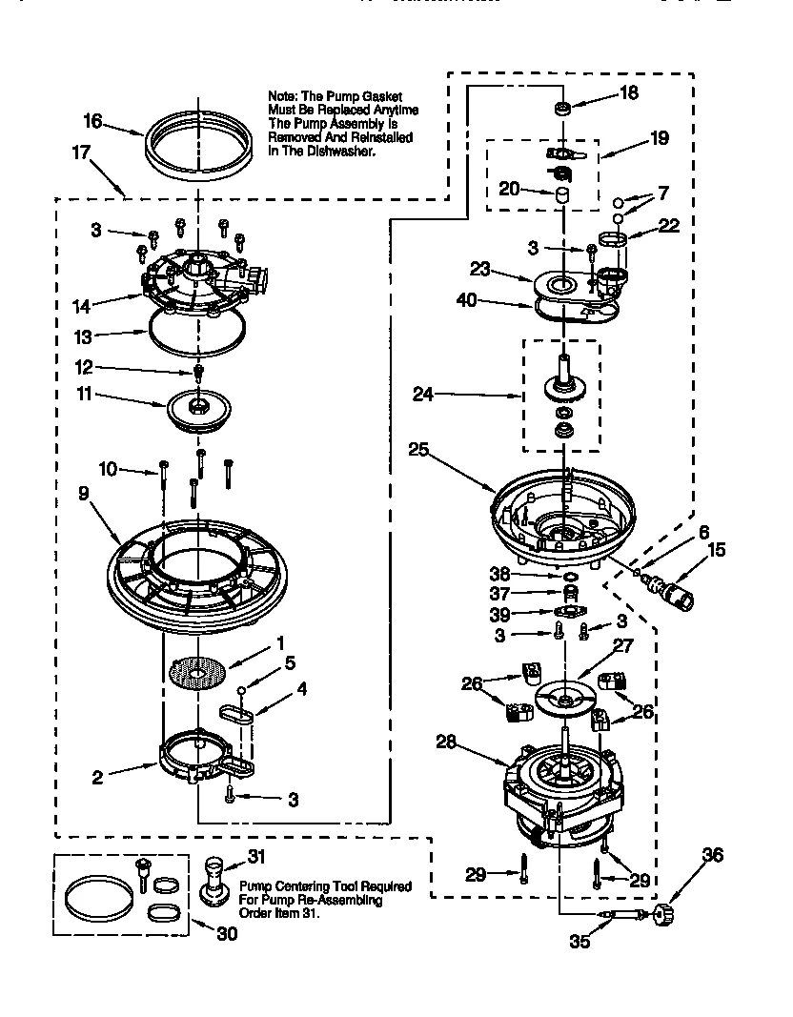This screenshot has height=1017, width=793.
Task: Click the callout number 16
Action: click(x=92, y=121)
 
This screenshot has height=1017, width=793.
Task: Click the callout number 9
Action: click(x=85, y=495)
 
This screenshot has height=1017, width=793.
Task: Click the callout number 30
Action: click(x=227, y=934)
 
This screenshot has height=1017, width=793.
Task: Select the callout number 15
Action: click(x=718, y=549)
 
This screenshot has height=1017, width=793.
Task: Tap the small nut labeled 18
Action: click(x=563, y=107)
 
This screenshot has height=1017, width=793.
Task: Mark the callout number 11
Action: click(x=85, y=393)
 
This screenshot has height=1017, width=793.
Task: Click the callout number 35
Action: click(x=579, y=942)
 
